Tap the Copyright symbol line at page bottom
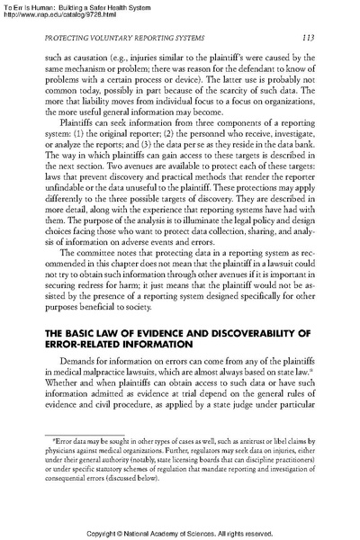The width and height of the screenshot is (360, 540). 180,532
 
